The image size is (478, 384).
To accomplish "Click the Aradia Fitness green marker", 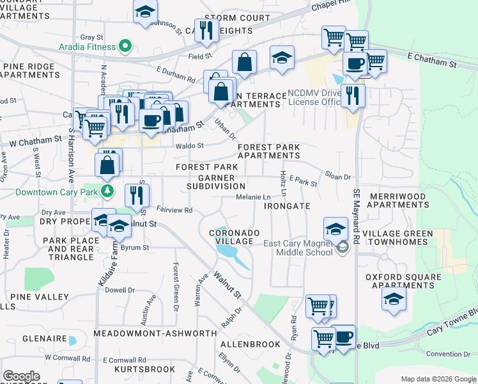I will tap(126, 46).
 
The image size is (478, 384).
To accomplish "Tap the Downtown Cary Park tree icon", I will tap(108, 191).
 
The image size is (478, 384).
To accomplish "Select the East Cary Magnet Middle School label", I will tap(298, 247).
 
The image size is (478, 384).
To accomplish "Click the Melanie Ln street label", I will tap(254, 197).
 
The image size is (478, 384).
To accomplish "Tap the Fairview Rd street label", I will tap(174, 210).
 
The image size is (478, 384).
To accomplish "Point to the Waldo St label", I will tap(189, 146).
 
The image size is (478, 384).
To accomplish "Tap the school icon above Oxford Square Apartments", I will tap(394, 298).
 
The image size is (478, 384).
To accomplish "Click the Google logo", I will tap(21, 376).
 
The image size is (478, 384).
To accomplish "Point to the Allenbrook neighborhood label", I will tap(251, 344).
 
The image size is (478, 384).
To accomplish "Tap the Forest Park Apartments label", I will tap(268, 151).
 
